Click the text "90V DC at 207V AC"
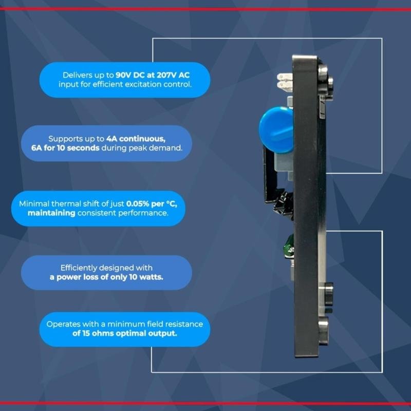(153, 75)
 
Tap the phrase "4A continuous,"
(136, 139)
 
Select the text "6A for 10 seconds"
(65, 148)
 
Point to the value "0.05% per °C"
(151, 204)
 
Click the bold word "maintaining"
(51, 213)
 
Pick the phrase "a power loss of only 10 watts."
(106, 277)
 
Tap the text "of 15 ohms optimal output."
(124, 333)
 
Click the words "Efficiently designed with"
(106, 268)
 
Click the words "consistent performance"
(123, 213)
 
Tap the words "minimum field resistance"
(155, 324)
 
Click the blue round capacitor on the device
(276, 130)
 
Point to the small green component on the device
(289, 246)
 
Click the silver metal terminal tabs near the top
(285, 82)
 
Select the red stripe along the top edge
(206, 9)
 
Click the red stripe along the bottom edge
(206, 403)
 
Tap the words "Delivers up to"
(88, 76)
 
